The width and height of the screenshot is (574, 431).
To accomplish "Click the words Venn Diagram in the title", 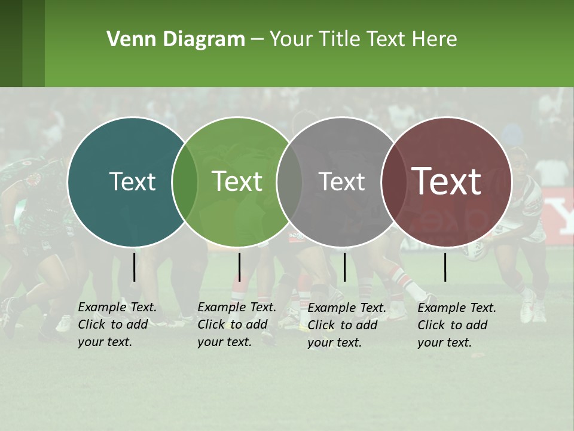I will pyautogui.click(x=176, y=40).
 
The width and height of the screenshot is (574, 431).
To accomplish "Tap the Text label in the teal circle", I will pyautogui.click(x=132, y=181).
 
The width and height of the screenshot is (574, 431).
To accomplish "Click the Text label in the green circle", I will pyautogui.click(x=237, y=181).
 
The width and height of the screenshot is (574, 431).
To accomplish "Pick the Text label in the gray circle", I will pyautogui.click(x=341, y=181).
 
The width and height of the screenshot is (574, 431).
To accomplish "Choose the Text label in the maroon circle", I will pyautogui.click(x=447, y=181).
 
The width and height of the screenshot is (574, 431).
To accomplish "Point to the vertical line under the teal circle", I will pyautogui.click(x=134, y=267).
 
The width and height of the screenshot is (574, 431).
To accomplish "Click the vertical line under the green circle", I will pyautogui.click(x=239, y=267).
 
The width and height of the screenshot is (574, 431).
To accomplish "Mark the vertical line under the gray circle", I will pyautogui.click(x=344, y=267).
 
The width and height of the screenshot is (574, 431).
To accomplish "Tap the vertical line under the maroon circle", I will pyautogui.click(x=445, y=267).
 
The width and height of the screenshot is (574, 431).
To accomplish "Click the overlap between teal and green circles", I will pyautogui.click(x=185, y=181).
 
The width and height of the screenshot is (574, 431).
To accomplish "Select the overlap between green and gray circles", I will pyautogui.click(x=289, y=181).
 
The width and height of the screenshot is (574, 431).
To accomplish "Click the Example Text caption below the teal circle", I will pyautogui.click(x=117, y=324).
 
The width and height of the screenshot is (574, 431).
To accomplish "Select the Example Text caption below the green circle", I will pyautogui.click(x=237, y=324).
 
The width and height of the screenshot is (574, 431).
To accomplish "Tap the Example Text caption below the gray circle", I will pyautogui.click(x=347, y=325).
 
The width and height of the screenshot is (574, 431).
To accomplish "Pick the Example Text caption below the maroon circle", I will pyautogui.click(x=457, y=325).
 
